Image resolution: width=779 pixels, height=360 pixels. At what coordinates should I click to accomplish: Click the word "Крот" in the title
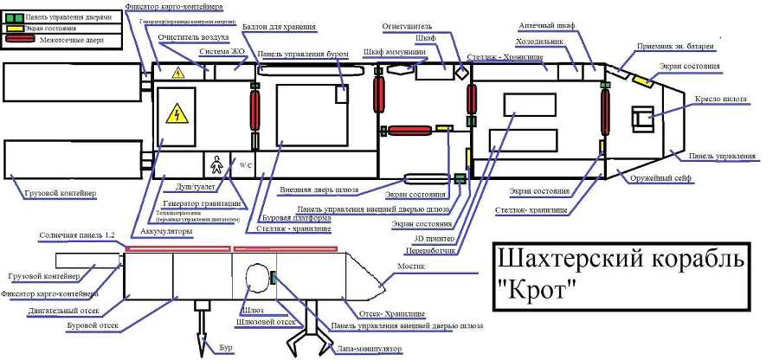coord(538,290)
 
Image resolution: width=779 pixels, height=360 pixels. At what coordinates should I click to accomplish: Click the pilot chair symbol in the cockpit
coord(644,118)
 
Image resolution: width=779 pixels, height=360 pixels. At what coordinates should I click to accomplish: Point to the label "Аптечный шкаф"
coord(547,26)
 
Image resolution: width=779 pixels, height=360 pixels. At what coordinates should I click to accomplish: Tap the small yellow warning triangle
coord(178,73)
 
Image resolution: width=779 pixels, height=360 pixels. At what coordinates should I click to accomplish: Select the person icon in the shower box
coord(216,163)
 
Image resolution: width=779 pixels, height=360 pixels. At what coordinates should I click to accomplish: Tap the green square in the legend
coord(10,16)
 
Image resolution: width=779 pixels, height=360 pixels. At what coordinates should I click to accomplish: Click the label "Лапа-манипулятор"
coord(369,349)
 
